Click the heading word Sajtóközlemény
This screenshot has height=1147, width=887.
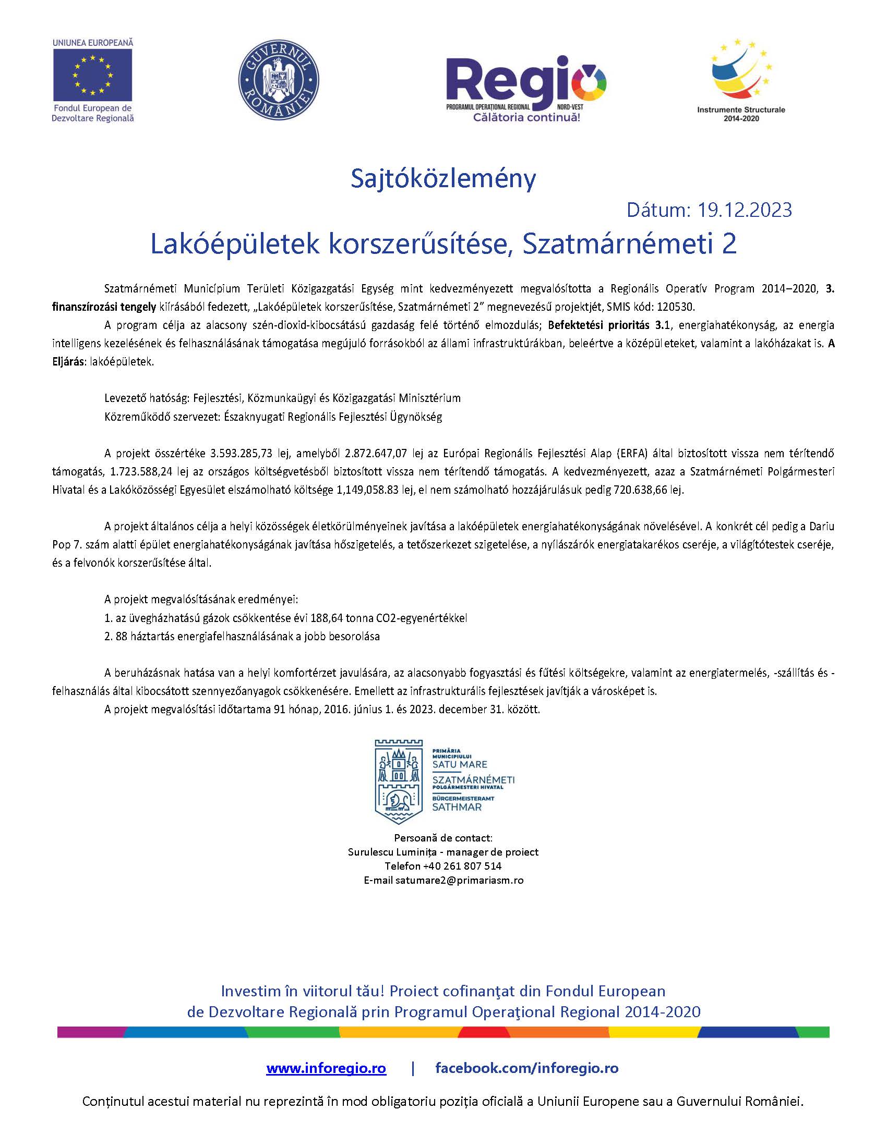pyautogui.click(x=443, y=179)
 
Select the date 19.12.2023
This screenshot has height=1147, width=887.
pyautogui.click(x=744, y=210)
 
